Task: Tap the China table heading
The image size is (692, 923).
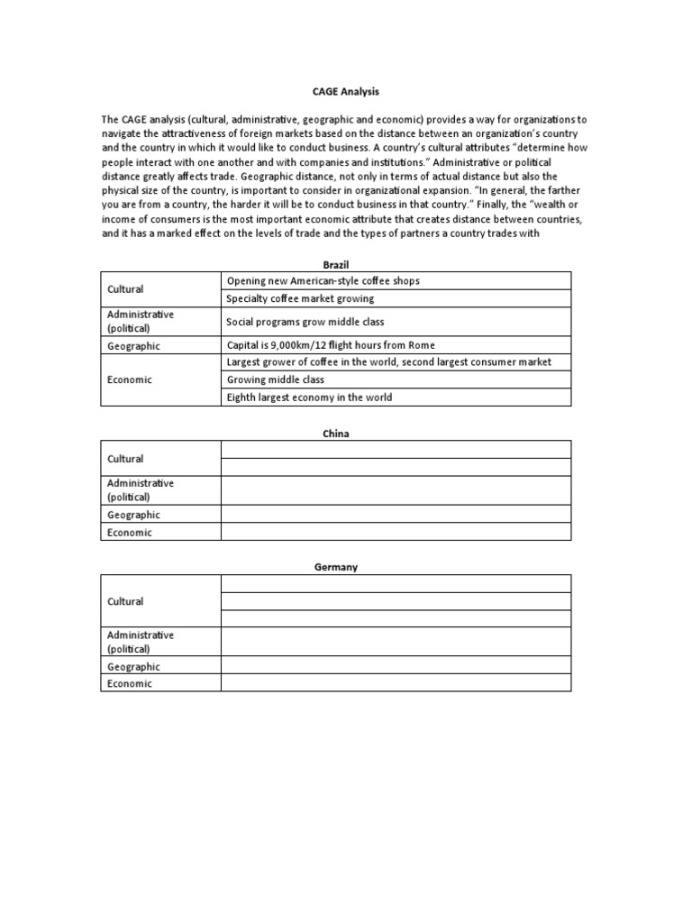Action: click(336, 434)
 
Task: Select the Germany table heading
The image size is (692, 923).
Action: click(336, 567)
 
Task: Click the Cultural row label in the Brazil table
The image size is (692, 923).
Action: click(125, 289)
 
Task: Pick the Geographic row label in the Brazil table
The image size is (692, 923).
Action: click(133, 345)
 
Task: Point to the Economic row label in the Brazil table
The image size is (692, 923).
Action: click(130, 379)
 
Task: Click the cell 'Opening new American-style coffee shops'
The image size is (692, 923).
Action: click(323, 281)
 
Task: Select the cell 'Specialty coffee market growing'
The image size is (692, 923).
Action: click(301, 298)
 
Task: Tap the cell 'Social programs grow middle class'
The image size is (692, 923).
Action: click(306, 322)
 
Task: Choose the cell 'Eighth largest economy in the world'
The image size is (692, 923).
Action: click(310, 398)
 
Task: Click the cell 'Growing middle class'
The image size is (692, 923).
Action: click(276, 379)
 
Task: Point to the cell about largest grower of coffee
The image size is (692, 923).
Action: click(389, 362)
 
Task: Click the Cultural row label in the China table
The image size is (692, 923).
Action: click(125, 459)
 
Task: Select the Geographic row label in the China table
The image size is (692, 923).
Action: click(133, 515)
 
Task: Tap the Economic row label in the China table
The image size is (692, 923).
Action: click(130, 532)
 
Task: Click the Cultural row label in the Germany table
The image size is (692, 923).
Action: click(125, 601)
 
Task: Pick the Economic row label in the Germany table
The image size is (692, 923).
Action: click(130, 683)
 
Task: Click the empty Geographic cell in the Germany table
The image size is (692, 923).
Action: click(396, 666)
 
